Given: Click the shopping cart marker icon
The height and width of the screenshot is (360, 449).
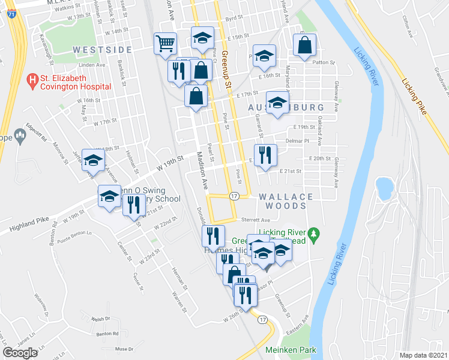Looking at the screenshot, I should coord(165,43).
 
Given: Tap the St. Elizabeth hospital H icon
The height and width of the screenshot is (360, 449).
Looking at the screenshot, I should coord(34,79).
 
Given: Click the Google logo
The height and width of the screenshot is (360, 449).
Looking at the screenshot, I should coord(20,352).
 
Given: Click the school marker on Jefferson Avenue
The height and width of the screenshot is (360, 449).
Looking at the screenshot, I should coord(93,160).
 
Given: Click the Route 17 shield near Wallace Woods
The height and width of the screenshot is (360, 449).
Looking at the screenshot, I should coord(235,196).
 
